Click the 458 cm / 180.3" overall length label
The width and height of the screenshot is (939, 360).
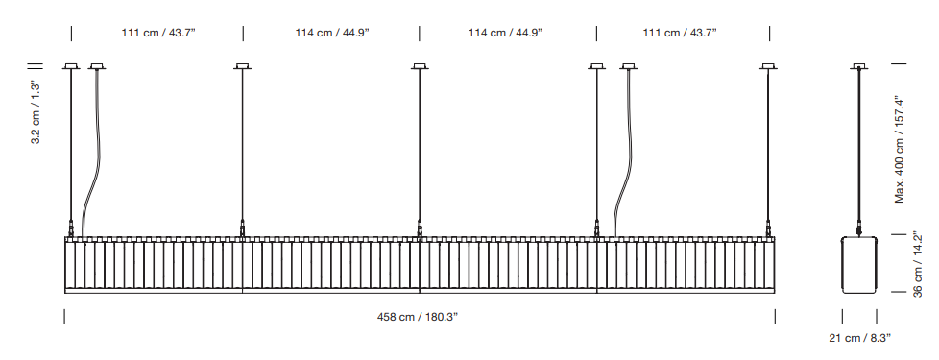coord(418,317)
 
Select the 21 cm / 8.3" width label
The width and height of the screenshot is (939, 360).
coord(860,338)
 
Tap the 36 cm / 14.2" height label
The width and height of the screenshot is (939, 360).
coord(918,265)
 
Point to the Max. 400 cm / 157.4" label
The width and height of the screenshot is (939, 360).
coord(900,149)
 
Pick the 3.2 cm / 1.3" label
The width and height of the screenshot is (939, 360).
coord(36,112)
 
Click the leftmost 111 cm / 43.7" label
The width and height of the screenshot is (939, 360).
coord(158,33)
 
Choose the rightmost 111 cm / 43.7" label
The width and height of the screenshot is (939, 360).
coord(680,33)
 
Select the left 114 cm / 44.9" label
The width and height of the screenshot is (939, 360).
coord(332,33)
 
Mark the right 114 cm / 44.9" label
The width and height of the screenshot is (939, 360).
coord(505,33)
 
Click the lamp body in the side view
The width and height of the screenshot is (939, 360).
coord(860,265)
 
